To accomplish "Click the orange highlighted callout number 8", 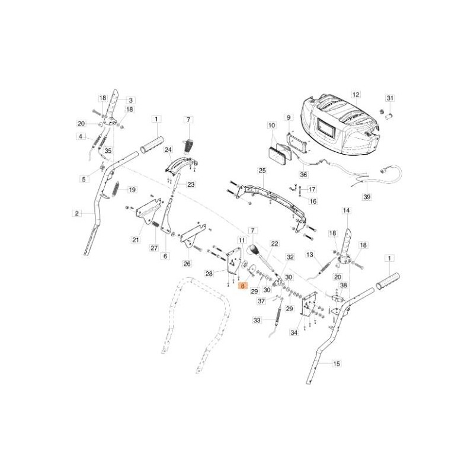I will click(241, 286).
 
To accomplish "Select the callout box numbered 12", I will click(355, 94).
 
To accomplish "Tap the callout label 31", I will click(390, 98).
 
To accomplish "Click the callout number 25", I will click(262, 171).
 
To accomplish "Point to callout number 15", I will click(336, 363).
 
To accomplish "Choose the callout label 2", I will click(76, 213).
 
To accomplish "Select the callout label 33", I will click(257, 321).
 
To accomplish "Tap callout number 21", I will click(135, 240).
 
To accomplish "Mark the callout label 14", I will click(347, 210).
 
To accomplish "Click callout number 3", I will click(130, 100).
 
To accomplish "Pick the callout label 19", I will click(132, 190).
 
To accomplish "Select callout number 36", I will click(303, 175).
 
